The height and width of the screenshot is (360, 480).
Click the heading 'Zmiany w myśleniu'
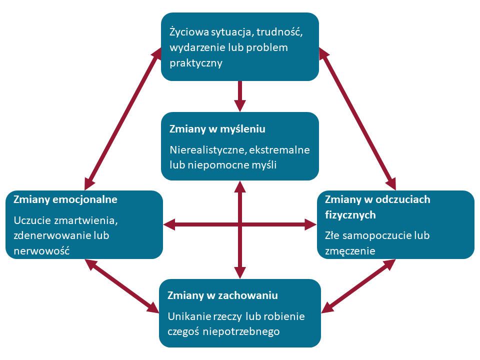[x=217, y=129]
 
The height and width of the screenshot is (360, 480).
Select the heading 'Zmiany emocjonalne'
[x=65, y=199]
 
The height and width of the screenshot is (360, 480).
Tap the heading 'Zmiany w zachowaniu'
[x=222, y=295]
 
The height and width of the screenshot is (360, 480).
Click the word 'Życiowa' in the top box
[x=186, y=32]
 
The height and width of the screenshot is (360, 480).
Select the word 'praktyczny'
[x=195, y=63]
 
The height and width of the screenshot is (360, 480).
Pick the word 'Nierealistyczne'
[x=206, y=149]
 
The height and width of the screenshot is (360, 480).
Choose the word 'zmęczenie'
[x=350, y=250]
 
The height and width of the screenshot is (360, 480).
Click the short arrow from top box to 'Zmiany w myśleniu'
[x=240, y=95]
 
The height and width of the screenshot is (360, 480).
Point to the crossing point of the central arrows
[x=240, y=225]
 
